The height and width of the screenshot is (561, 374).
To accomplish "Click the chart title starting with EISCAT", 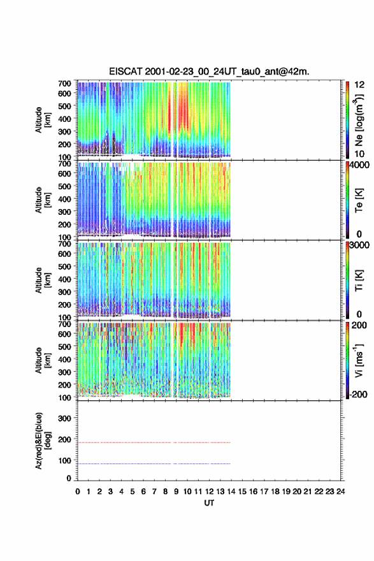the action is [209, 71].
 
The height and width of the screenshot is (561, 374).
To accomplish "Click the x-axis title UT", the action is [209, 503].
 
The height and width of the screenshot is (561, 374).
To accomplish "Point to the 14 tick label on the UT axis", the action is [231, 492].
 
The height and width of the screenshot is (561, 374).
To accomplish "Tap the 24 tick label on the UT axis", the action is [340, 492].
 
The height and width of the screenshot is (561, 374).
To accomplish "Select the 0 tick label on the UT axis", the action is [78, 492].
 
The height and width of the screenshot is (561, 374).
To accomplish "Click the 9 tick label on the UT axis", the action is [176, 492].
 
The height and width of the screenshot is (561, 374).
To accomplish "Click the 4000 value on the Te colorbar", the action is [359, 165].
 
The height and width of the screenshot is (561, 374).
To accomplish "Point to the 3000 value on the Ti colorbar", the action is [359, 245].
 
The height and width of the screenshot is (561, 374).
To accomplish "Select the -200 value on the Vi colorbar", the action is [359, 394].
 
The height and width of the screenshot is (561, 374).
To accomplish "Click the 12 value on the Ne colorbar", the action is [359, 85].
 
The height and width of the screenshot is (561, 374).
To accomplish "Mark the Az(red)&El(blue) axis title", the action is [43, 441].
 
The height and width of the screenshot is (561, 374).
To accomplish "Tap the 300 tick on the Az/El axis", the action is [65, 418].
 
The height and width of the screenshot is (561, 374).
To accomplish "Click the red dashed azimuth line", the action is [154, 442].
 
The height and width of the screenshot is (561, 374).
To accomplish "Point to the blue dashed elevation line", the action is [154, 463].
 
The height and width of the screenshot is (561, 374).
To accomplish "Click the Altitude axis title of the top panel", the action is [43, 120].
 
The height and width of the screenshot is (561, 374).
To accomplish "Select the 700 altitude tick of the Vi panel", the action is [65, 324].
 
